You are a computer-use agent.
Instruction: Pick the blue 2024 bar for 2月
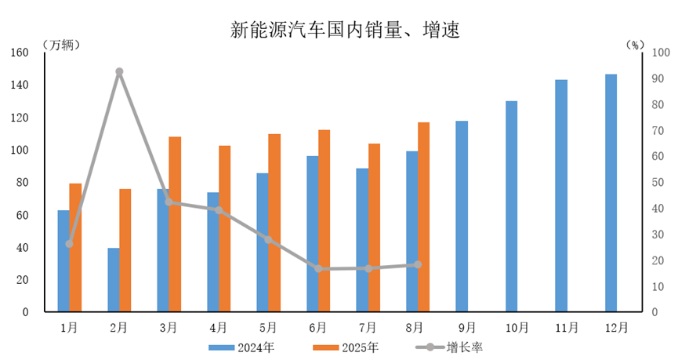coord(114,280)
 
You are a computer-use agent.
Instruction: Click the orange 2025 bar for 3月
coord(175,224)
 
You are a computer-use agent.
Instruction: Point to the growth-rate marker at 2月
coord(119,71)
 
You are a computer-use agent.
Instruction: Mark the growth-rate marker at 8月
coord(418,264)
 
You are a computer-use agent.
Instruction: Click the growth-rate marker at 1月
coord(70,244)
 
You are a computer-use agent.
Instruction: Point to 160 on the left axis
coord(19,53)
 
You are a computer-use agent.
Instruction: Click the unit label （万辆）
coord(60,44)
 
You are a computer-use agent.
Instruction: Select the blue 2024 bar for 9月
coord(462,216)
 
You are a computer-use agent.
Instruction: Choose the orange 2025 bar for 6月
coord(324,220)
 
